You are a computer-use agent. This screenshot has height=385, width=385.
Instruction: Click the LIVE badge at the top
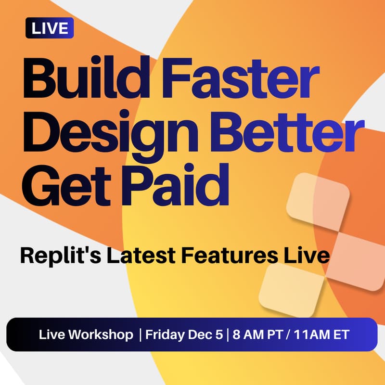pos(49,28)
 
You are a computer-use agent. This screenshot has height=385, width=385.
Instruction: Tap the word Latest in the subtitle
pos(138,256)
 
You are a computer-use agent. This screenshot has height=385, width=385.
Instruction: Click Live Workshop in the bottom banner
pos(86,335)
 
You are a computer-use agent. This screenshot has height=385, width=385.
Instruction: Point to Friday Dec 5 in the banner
pos(184,335)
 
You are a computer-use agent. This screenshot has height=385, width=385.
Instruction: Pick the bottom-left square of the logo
pos(291,288)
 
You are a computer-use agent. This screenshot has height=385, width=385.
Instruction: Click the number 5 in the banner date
pos(219,335)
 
